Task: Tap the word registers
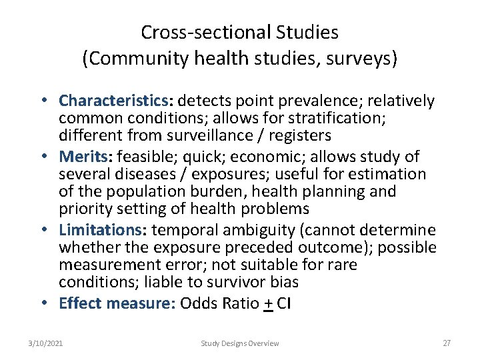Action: (x=300, y=136)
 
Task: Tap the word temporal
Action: (x=183, y=231)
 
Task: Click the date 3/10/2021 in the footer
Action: (x=46, y=343)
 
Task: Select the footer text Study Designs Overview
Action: (x=240, y=343)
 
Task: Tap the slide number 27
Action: (x=447, y=343)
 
